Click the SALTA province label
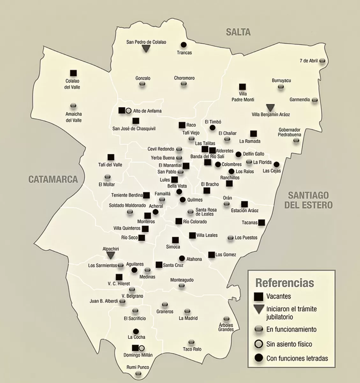tap(238, 32)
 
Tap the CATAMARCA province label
tap(53, 179)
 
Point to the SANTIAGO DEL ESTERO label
tap(308, 200)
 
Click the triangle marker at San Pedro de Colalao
tap(146, 49)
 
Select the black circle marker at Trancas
tap(184, 45)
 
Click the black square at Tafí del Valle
tap(111, 157)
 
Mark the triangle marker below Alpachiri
tap(111, 255)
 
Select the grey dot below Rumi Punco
tap(138, 373)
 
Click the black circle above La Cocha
tap(136, 331)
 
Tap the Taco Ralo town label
tap(192, 349)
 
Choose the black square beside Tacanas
tap(262, 222)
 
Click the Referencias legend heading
tap(284, 283)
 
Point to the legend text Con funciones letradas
tap(297, 358)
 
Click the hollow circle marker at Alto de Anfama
tap(128, 111)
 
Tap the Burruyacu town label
tap(281, 81)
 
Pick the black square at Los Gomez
tap(211, 255)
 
